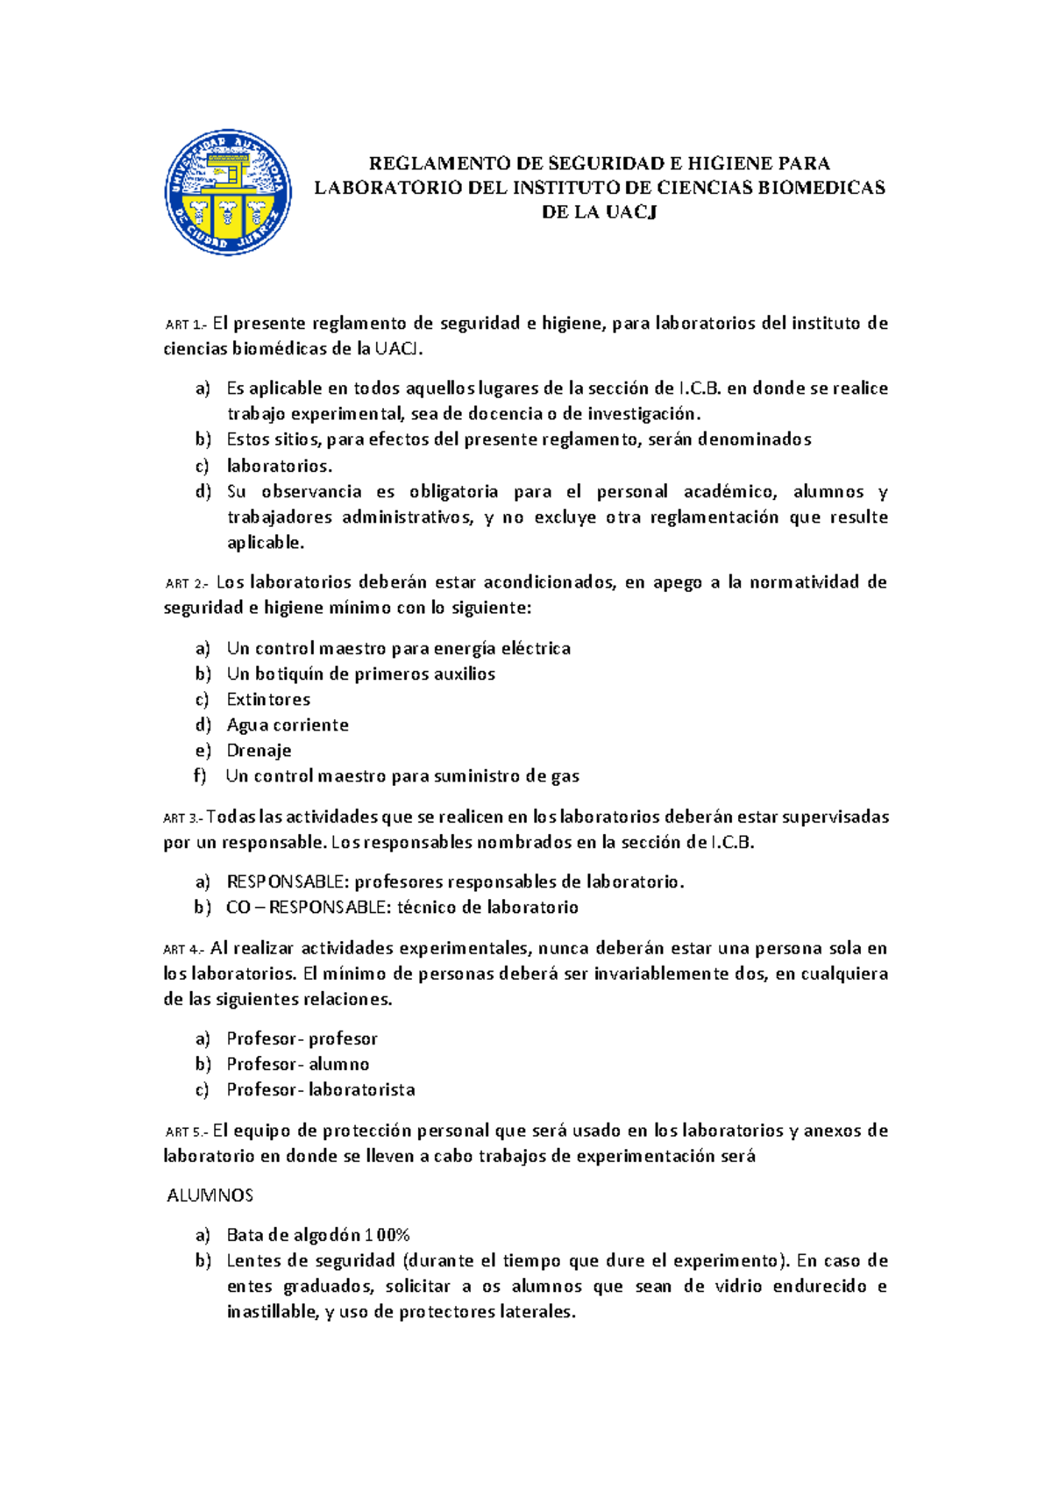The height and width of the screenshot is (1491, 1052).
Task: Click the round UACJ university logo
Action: [x=228, y=192]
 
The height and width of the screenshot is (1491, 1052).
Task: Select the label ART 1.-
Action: [x=186, y=325]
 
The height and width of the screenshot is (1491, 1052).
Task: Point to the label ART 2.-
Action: [x=187, y=583]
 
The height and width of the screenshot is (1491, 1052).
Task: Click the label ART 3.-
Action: [x=183, y=818]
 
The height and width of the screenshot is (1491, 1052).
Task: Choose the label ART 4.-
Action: [x=184, y=950]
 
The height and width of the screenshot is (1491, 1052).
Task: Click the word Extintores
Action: [x=268, y=699]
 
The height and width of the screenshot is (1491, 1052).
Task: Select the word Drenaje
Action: [x=259, y=750]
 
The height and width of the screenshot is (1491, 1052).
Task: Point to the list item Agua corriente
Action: [x=288, y=724]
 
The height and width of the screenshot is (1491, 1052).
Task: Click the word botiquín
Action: [x=288, y=674]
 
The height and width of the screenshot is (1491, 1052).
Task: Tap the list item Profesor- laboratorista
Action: [x=321, y=1089]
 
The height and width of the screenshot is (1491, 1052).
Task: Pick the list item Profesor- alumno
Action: [x=298, y=1064]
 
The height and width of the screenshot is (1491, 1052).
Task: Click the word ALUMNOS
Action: [x=210, y=1195]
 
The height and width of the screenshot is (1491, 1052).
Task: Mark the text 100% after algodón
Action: [x=388, y=1235]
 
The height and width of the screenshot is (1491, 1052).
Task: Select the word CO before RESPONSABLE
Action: [x=238, y=907]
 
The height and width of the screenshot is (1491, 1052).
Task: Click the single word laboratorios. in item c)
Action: [x=280, y=466]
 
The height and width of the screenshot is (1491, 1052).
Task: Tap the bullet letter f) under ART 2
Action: [x=201, y=775]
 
